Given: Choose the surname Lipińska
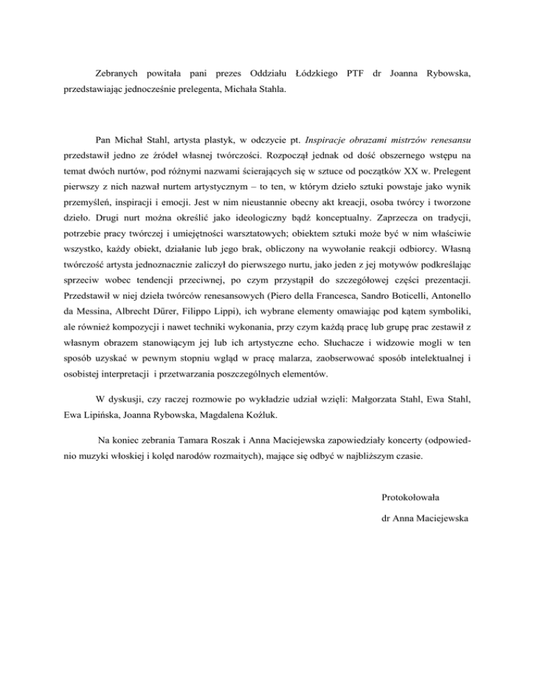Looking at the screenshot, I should [x=101, y=415].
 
